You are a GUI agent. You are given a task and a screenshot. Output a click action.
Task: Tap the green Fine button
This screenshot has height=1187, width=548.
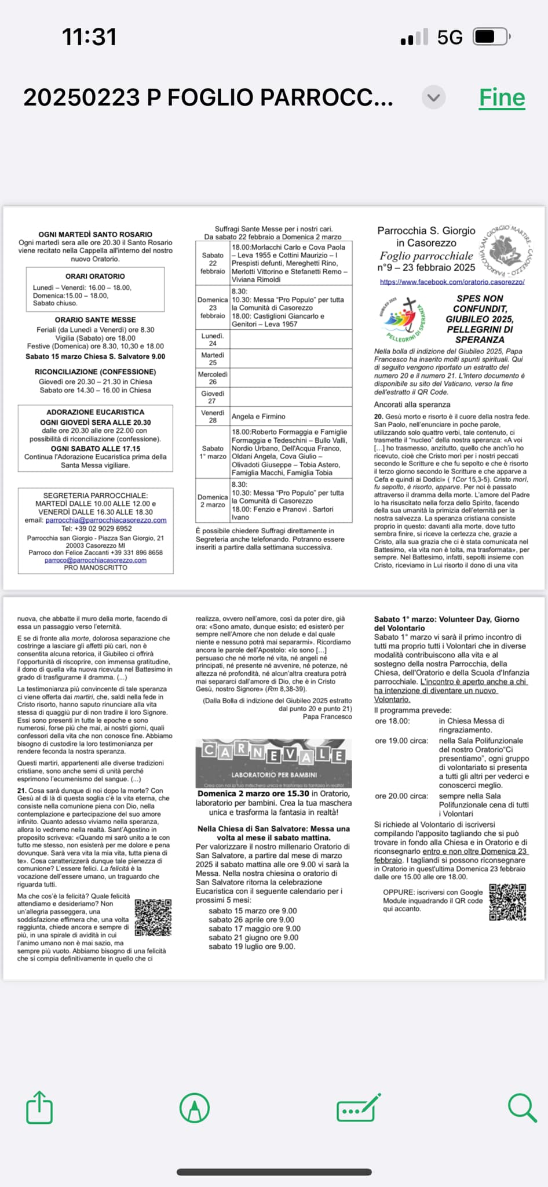tap(502, 97)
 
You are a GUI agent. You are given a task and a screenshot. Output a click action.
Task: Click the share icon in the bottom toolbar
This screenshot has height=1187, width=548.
tap(39, 1108)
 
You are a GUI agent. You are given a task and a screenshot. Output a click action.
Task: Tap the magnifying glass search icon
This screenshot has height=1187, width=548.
tap(522, 1108)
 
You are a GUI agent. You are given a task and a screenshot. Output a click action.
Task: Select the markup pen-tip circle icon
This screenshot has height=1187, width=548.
tap(195, 1108)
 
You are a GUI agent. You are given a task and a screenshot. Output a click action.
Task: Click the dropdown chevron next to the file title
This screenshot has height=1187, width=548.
tap(434, 97)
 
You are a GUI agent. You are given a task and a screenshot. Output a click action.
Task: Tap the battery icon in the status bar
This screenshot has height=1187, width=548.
tap(491, 37)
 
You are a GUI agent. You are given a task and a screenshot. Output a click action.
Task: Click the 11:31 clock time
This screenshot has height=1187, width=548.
tap(89, 37)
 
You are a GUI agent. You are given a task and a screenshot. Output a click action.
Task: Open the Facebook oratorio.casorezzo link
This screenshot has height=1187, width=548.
tap(452, 282)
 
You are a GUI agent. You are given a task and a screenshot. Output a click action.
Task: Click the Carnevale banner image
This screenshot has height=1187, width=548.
tap(273, 763)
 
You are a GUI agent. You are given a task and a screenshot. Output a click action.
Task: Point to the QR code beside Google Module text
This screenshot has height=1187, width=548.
tap(507, 902)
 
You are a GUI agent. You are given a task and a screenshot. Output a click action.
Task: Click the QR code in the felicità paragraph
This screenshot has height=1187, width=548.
tap(153, 917)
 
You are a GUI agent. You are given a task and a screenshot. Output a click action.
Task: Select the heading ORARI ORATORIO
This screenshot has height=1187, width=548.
tap(95, 276)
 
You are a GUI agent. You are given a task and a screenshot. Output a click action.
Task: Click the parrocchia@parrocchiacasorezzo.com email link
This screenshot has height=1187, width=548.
tap(106, 520)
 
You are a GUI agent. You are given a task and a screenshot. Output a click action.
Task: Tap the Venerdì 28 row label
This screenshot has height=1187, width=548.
tap(213, 416)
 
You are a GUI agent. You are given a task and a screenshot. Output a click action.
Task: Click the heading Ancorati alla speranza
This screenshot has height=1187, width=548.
tap(412, 405)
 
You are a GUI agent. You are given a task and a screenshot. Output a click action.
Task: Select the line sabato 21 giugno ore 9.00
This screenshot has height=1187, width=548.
tap(253, 937)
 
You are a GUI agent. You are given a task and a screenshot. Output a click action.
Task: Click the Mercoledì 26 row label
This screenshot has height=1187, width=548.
tap(213, 378)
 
